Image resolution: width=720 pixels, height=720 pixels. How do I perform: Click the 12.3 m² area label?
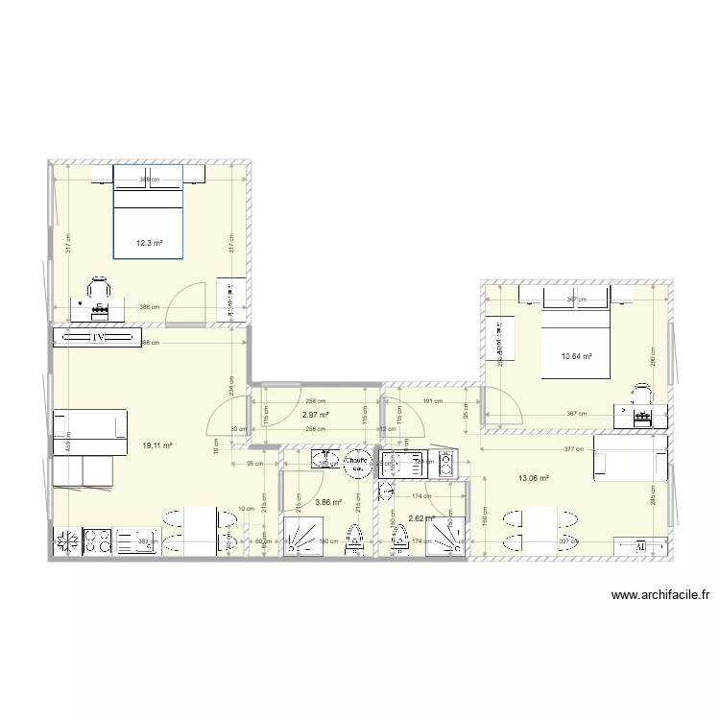pyautogui.click(x=149, y=243)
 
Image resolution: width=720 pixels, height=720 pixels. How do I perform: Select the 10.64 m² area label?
pyautogui.click(x=576, y=357)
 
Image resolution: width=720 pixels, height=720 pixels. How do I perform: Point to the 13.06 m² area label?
pyautogui.click(x=533, y=478)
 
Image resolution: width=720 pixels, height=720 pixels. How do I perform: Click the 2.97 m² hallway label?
pyautogui.click(x=316, y=416)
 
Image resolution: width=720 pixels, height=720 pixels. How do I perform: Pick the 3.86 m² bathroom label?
pyautogui.click(x=329, y=502)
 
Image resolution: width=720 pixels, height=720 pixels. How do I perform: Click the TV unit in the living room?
pyautogui.click(x=97, y=338)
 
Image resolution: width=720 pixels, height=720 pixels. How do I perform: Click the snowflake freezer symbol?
pyautogui.click(x=67, y=541)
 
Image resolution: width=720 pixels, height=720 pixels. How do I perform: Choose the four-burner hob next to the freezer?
pyautogui.click(x=99, y=541)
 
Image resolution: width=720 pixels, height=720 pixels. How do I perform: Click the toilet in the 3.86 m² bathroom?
pyautogui.click(x=353, y=540)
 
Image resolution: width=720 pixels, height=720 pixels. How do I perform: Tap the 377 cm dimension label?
pyautogui.click(x=572, y=449)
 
